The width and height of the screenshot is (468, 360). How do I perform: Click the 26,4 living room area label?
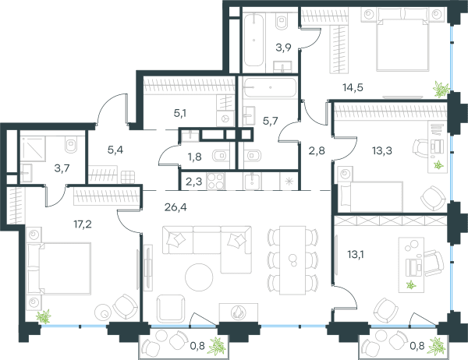click(x=175, y=206)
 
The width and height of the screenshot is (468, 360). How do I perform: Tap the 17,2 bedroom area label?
click(x=83, y=224)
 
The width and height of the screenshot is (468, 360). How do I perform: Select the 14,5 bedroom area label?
click(x=353, y=88)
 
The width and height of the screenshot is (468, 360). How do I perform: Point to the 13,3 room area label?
click(x=382, y=150)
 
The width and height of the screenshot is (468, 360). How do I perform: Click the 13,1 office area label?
click(x=355, y=255)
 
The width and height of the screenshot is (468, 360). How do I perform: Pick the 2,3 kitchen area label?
click(x=193, y=182)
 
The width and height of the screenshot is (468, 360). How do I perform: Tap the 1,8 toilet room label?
click(x=194, y=157)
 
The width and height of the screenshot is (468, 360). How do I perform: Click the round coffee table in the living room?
click(x=199, y=277)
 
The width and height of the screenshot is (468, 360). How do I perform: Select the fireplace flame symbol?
click(x=238, y=312)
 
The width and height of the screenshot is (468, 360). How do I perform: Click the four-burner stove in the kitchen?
click(x=215, y=181)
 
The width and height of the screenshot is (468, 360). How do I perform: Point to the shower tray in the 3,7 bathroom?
click(x=33, y=148)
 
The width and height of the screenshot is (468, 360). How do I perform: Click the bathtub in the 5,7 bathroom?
click(x=270, y=87)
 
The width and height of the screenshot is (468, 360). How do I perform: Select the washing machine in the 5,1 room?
click(x=225, y=118)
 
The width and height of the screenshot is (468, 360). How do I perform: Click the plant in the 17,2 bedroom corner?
click(x=44, y=316)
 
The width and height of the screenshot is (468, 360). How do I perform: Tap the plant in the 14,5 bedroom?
click(x=441, y=89)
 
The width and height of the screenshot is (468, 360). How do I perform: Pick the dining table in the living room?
click(x=292, y=260)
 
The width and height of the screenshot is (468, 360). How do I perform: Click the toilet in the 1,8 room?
click(x=220, y=155)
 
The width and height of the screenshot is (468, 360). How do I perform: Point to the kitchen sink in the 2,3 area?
click(x=253, y=181)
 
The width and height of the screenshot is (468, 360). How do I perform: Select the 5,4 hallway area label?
click(x=115, y=150)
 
